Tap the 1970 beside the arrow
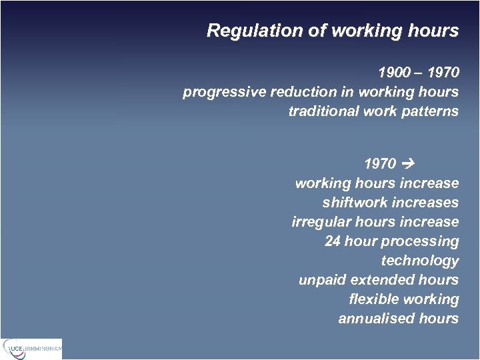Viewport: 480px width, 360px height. tap(381, 163)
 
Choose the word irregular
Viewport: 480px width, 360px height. tap(319, 221)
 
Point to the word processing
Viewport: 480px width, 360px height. tap(420, 241)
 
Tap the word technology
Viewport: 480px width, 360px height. tap(420, 260)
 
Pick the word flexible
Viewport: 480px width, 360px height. tap(373, 299)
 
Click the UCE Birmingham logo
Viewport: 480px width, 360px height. tap(32, 348)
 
